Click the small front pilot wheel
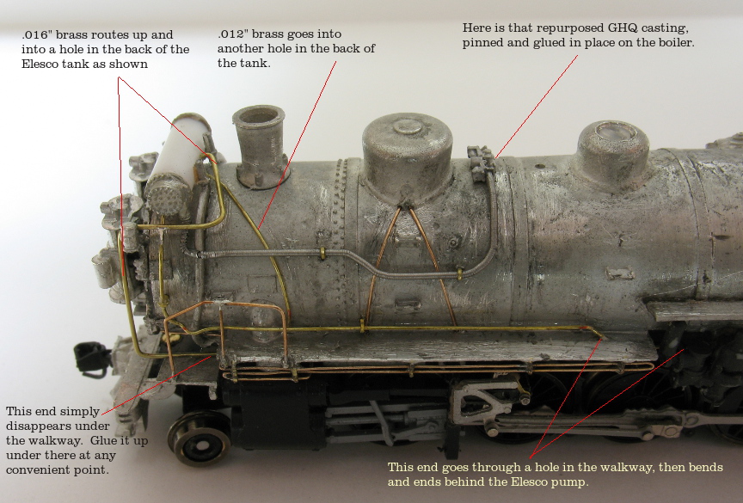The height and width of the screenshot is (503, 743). (199, 438)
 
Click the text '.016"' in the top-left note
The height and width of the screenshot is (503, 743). (36, 35)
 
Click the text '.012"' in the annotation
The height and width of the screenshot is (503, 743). (232, 34)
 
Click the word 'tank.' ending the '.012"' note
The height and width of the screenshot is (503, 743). (257, 64)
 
